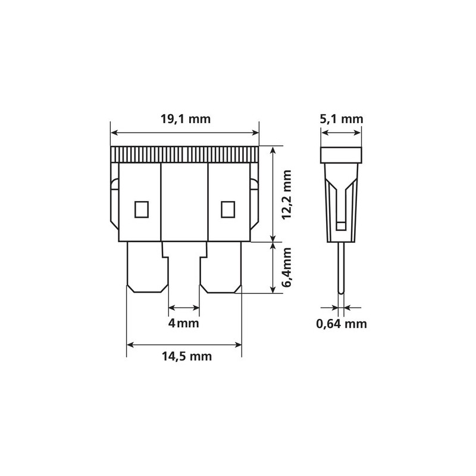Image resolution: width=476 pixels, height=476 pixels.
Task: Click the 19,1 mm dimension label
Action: click(x=186, y=119)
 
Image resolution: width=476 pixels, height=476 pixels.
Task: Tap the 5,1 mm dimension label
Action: click(x=341, y=118)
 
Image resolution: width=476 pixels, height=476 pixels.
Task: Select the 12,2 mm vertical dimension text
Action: click(x=288, y=195)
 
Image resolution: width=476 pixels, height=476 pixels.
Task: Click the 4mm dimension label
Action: click(x=184, y=324)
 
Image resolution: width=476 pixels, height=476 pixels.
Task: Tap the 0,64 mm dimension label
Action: click(x=341, y=324)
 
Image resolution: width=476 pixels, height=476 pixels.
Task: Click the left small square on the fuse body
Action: click(x=142, y=209)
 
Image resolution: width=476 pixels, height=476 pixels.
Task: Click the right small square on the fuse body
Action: click(x=227, y=209)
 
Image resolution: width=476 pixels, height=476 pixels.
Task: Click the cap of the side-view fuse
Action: click(x=341, y=155)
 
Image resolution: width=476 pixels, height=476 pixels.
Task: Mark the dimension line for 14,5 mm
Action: click(x=184, y=344)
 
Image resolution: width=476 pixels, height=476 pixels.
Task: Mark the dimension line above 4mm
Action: click(x=184, y=308)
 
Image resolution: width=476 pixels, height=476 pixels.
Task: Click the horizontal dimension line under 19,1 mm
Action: click(x=185, y=133)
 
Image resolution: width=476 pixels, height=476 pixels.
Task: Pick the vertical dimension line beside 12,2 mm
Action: click(x=273, y=194)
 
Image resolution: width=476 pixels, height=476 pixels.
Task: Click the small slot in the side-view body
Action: click(x=341, y=225)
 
